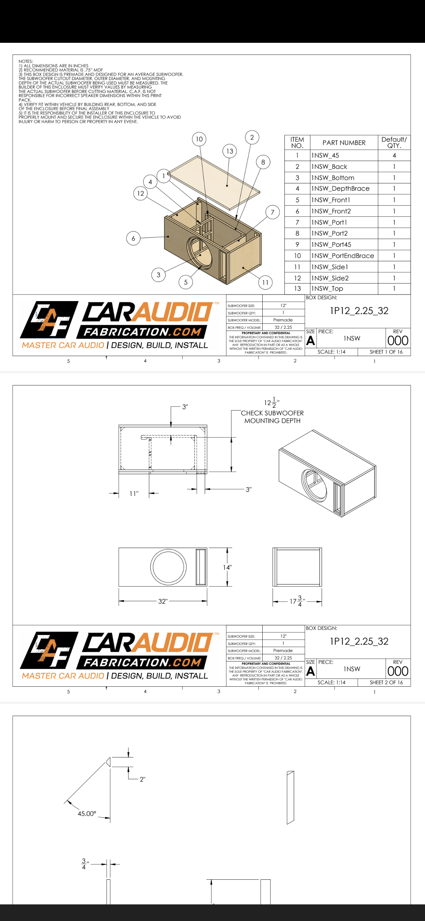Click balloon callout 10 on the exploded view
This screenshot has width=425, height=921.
199,139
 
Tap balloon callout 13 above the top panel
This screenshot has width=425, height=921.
230,151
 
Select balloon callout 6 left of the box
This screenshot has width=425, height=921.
133,238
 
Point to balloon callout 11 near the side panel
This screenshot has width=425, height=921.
265,283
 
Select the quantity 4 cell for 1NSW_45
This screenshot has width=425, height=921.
394,155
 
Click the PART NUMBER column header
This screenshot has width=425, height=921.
344,142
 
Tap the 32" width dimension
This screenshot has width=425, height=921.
163,601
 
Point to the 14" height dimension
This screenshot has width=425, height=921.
227,567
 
